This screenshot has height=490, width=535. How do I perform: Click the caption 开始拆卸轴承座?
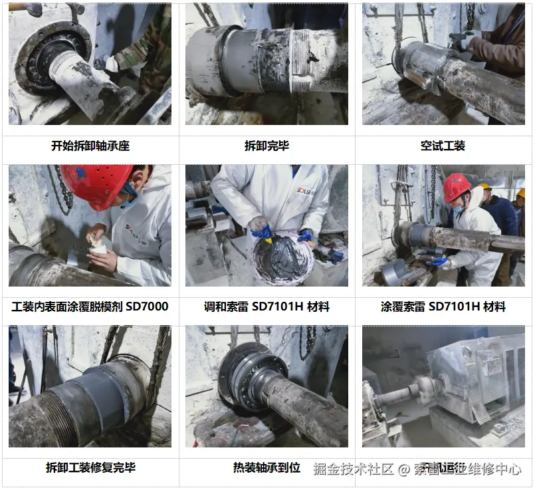pyautogui.click(x=90, y=146)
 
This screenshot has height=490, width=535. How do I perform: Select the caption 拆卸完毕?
pyautogui.click(x=267, y=146)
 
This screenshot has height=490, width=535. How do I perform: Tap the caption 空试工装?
pyautogui.click(x=443, y=146)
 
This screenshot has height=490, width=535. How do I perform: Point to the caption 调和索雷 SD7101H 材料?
pyautogui.click(x=267, y=306)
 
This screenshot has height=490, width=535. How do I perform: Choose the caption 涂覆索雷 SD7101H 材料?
pyautogui.click(x=443, y=306)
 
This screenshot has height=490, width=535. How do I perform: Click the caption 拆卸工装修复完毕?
pyautogui.click(x=90, y=467)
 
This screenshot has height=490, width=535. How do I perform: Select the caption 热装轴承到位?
pyautogui.click(x=267, y=467)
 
